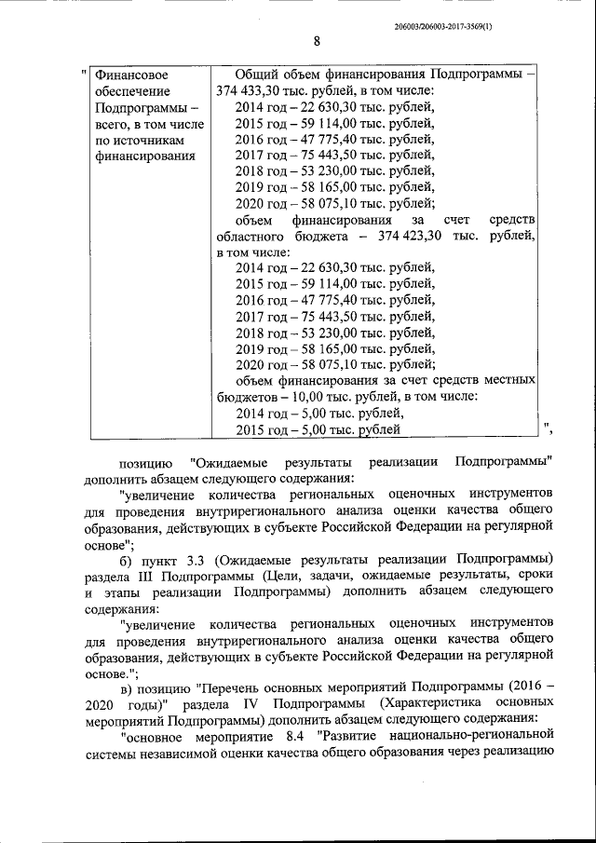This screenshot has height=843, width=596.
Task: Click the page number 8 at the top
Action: coord(317,41)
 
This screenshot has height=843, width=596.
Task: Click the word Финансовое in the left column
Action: coord(132,74)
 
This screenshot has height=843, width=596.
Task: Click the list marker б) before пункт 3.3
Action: coord(128,558)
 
